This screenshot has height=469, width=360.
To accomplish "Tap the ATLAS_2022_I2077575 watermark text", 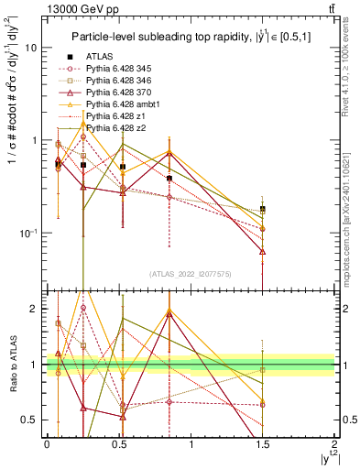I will tap(190, 274).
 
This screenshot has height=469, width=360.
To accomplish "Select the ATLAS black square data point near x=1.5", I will tap(263, 210).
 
